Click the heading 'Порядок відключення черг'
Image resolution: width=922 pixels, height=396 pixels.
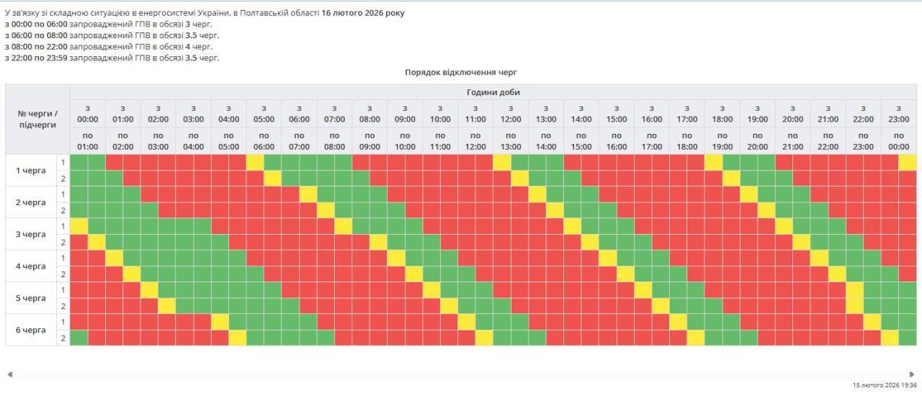(461, 72)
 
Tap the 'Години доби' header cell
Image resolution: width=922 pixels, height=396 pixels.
(493, 92)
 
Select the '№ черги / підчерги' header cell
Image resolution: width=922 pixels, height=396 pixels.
(37, 119)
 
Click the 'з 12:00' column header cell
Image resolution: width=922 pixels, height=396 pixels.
(510, 114)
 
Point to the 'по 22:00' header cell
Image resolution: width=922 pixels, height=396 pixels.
(828, 140)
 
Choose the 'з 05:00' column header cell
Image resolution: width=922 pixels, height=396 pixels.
(264, 114)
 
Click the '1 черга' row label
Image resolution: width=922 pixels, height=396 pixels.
(31, 171)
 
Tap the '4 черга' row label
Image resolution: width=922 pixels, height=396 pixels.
(31, 266)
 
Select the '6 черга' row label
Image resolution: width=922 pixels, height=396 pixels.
(31, 330)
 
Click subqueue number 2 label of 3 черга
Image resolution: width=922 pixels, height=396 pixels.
(63, 242)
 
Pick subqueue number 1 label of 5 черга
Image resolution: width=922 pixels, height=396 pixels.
(63, 290)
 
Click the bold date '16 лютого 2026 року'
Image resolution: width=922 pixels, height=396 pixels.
(363, 13)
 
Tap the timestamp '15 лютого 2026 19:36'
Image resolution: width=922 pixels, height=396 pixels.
(885, 385)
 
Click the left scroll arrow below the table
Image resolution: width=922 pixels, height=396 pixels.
(9, 374)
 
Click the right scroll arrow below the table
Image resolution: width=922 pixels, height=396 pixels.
(912, 374)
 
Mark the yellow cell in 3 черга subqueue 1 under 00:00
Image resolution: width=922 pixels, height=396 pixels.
(79, 226)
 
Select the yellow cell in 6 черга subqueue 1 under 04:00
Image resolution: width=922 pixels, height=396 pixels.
(220, 322)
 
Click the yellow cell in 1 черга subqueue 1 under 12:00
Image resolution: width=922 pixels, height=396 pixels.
(501, 163)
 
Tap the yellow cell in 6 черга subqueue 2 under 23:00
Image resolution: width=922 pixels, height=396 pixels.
(890, 338)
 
